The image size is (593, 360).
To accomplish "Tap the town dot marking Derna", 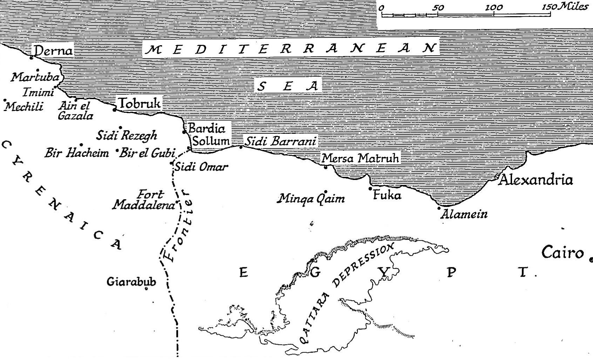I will pos(32,57).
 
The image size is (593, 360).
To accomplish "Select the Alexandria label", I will pos(536,180).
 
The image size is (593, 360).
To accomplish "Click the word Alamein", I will pos(464,214).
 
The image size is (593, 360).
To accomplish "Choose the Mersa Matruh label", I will pos(360,159).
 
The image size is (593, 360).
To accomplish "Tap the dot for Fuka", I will pos(370,189).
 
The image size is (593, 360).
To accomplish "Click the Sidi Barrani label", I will pos(280,141).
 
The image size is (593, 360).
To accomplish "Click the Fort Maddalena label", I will pos(144,200).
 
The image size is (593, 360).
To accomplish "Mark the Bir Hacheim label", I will pos(76,153).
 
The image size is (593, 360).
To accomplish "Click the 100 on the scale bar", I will pos(494,7).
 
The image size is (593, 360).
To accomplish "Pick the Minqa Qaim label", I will pos(311,199).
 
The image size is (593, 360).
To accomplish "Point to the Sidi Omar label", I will pos(201,167).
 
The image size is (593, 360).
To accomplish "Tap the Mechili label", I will pos(24,106).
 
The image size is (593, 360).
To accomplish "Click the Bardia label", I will pos(206,129).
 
